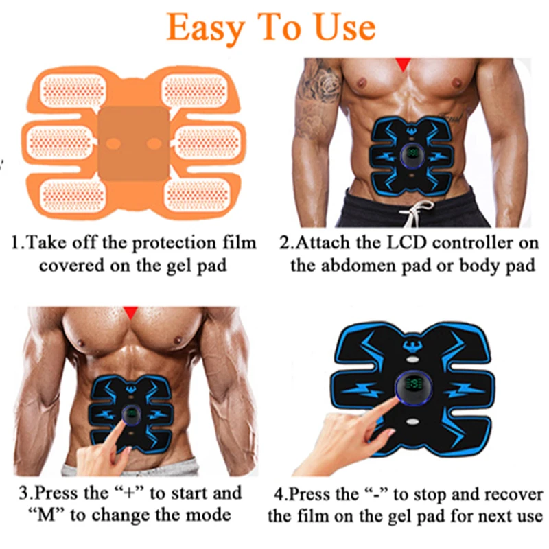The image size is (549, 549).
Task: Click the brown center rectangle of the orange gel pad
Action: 133,143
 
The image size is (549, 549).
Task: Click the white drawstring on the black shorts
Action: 417,212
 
